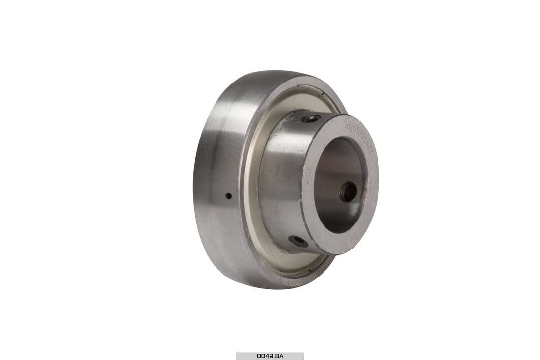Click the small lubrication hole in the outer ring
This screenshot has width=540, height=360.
coord(228,195)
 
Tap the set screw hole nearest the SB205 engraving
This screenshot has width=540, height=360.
coord(311,118)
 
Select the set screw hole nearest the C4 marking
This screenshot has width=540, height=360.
coord(298,241)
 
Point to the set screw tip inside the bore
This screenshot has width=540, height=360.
coord(350,192)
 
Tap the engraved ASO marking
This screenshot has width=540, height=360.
coord(309,177)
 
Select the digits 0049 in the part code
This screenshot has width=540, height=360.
coord(264,356)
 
